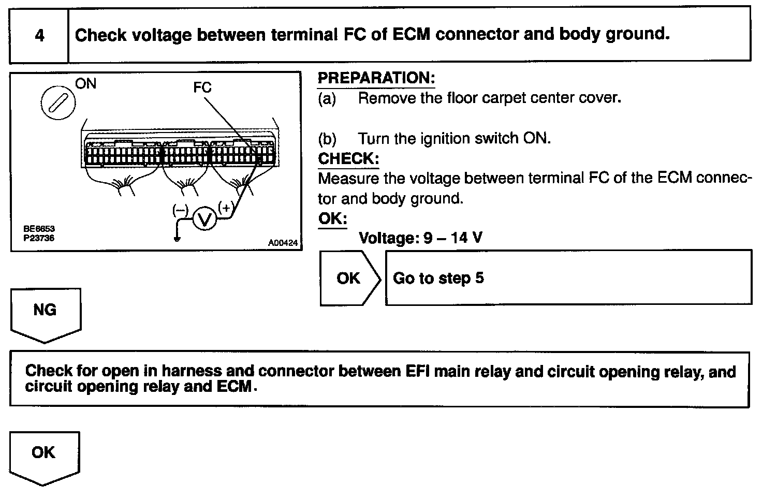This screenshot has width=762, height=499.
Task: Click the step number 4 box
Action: coord(39,35)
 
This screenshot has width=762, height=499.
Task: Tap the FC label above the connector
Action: coord(202,87)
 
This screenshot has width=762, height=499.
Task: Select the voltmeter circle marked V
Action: coord(205,219)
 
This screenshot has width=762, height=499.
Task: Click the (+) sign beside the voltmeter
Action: coord(226,208)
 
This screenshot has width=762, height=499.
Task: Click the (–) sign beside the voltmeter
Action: coord(180,210)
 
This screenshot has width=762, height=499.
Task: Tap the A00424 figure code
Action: coord(283,243)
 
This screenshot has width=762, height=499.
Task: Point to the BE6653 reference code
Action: coord(39,228)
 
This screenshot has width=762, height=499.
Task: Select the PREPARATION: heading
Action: coord(376,78)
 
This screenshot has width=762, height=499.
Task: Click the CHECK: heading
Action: coord(348,158)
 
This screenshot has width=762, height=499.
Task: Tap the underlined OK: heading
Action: coord(332,218)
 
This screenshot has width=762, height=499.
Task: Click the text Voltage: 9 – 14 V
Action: coord(420,238)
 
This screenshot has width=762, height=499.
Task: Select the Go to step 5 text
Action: coord(438,278)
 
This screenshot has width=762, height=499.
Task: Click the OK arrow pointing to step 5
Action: coord(348,278)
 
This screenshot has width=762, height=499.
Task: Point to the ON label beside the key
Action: coord(86,83)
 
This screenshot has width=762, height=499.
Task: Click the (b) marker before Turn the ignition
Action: coord(327,139)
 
